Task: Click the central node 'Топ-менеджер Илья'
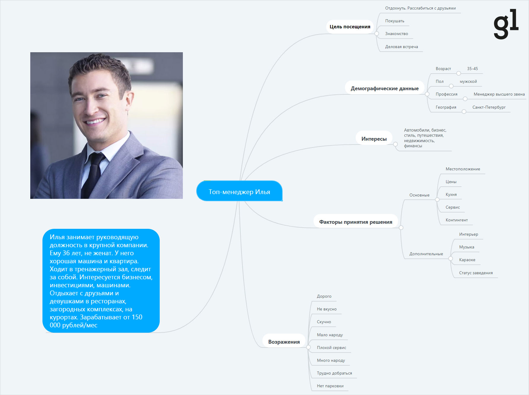pos(239,191)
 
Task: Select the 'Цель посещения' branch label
pos(350,27)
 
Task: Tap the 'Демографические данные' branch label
pos(384,88)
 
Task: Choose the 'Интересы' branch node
pos(374,139)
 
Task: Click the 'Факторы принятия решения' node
pos(356,222)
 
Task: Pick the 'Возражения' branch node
pos(284,342)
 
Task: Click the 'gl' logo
pos(506,24)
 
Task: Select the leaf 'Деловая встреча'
pos(401,47)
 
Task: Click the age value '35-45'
pos(472,69)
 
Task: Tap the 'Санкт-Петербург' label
pos(489,107)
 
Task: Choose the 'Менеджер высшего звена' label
pos(499,94)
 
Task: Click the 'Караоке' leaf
pos(467,260)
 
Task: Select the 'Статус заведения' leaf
pos(476,273)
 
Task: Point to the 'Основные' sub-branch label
pos(419,195)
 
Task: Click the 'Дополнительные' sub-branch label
pos(426,254)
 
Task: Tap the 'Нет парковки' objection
pos(330,386)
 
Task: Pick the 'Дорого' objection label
pos(324,296)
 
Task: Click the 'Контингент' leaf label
pos(457,220)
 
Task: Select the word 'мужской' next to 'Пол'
pos(468,81)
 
